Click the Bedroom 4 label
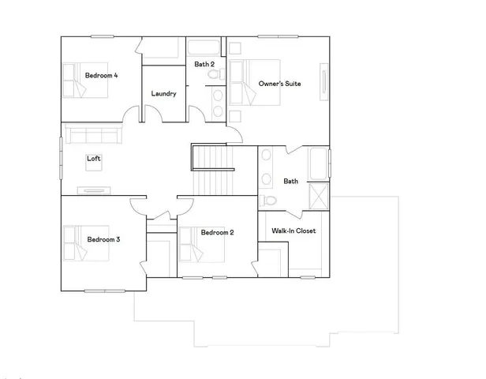(x=101, y=76)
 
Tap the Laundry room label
(x=163, y=94)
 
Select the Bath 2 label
(x=206, y=63)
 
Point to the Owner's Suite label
(x=279, y=83)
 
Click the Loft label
(x=94, y=159)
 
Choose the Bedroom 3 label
(x=103, y=238)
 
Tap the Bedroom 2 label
(x=216, y=232)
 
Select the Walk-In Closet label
(x=293, y=231)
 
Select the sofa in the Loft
(x=91, y=135)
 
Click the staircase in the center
(x=213, y=172)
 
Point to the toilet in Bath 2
(x=213, y=76)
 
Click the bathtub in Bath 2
(x=206, y=47)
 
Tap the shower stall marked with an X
(x=319, y=195)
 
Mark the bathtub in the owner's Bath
(x=318, y=163)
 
